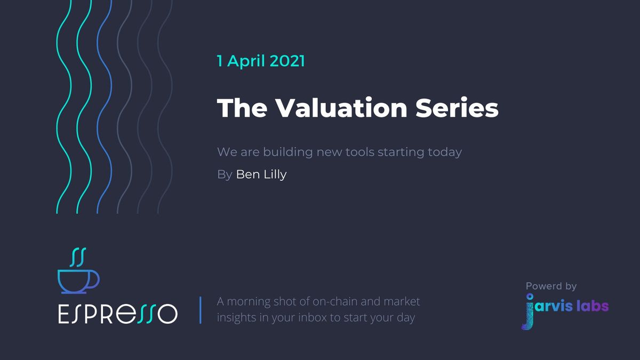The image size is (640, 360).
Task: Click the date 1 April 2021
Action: (261, 61)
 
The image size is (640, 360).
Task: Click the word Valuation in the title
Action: (334, 108)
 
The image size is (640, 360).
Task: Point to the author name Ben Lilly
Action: (261, 174)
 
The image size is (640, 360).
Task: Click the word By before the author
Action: (225, 175)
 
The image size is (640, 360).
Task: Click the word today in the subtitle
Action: (445, 152)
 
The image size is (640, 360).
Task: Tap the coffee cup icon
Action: (78, 281)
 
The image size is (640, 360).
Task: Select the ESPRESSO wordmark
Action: (117, 313)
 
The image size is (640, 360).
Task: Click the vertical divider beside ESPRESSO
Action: (201, 310)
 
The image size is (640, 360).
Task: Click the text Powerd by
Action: (551, 286)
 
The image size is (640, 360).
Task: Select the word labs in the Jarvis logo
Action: (592, 306)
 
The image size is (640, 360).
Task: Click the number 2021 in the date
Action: (287, 61)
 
